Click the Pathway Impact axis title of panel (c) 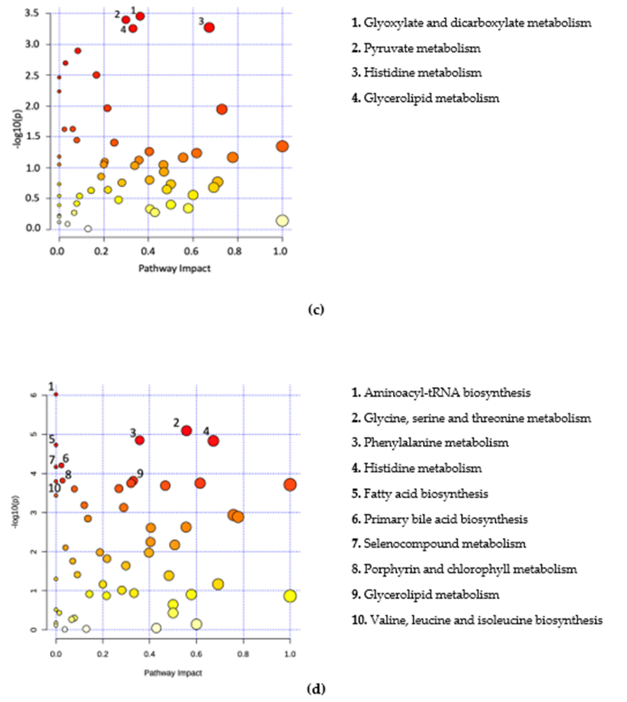pos(174,268)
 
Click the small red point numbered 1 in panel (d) pos(56,394)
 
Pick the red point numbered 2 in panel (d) pos(186,431)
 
